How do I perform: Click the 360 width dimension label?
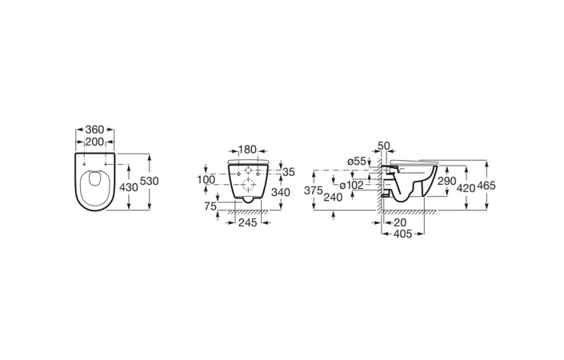(94, 130)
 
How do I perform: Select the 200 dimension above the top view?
(94, 142)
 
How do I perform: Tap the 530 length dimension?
(150, 181)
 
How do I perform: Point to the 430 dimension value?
(129, 187)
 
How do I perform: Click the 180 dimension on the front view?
(247, 150)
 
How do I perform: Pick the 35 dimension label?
(289, 172)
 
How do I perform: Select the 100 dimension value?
(206, 179)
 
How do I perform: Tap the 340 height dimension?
(281, 193)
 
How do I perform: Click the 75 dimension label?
(210, 206)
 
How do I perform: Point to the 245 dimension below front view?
(248, 222)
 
